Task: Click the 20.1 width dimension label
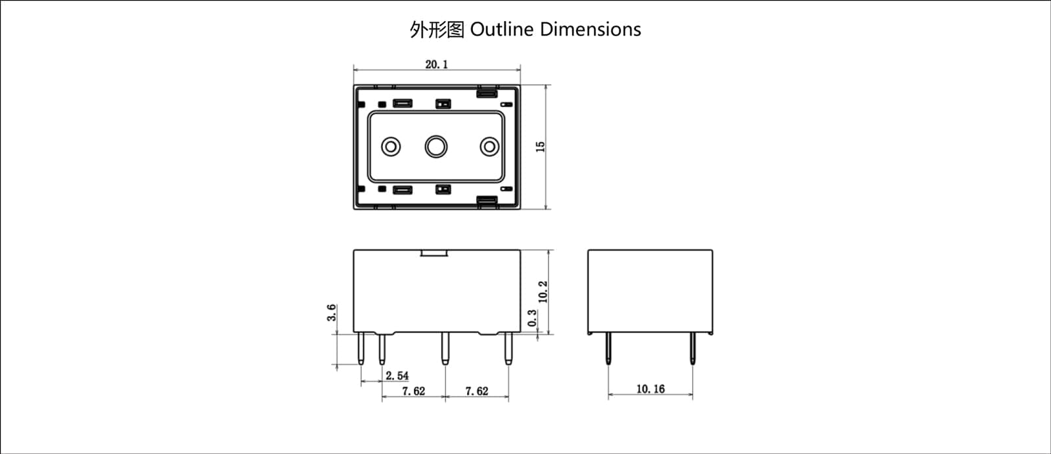[x=436, y=64]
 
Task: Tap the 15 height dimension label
[x=541, y=147]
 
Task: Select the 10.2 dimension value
[x=543, y=292]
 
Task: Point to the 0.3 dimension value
[x=532, y=318]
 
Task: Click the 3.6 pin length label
[x=332, y=313]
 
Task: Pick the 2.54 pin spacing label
[x=397, y=376]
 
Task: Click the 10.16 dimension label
[x=650, y=389]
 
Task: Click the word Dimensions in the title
[x=591, y=30]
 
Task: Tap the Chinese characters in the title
[x=437, y=30]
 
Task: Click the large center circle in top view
[x=436, y=147]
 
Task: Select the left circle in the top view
[x=391, y=147]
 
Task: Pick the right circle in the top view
[x=489, y=147]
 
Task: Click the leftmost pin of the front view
[x=361, y=349]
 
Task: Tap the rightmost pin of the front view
[x=507, y=349]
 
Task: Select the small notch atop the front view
[x=434, y=253]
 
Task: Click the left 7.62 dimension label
[x=413, y=391]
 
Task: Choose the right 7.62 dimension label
[x=477, y=391]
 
